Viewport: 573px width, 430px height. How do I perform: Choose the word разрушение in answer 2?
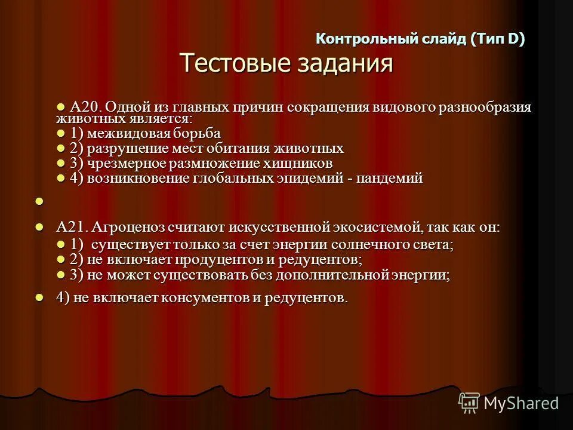pos(123,148)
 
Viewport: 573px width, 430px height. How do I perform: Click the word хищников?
pos(301,163)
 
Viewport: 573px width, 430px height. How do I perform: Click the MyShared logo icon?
pos(469,403)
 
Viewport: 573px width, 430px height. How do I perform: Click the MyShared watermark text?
pos(521,404)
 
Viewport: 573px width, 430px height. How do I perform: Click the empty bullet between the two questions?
pos(39,202)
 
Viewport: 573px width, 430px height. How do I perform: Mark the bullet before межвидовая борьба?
pos(60,132)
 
